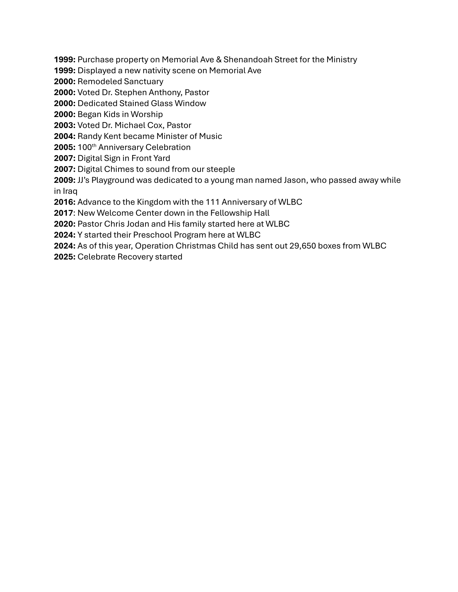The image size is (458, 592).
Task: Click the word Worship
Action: pyautogui.click(x=147, y=115)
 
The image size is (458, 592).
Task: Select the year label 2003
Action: pyautogui.click(x=64, y=125)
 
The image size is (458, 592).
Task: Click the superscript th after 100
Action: pyautogui.click(x=94, y=145)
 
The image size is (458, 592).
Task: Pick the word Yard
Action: pyautogui.click(x=162, y=158)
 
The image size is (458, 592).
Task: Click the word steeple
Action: pyautogui.click(x=221, y=169)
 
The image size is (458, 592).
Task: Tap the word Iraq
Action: pyautogui.click(x=70, y=191)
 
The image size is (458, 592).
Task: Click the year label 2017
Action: pyautogui.click(x=63, y=213)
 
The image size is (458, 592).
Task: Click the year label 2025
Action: pyautogui.click(x=64, y=257)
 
